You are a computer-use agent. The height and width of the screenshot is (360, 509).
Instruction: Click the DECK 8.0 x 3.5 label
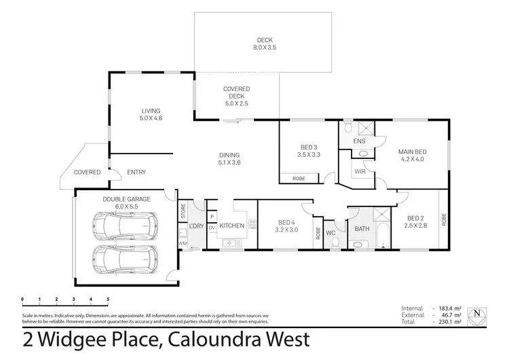pos(264,43)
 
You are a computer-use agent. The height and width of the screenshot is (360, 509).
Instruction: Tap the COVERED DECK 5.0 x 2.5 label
pos(236,96)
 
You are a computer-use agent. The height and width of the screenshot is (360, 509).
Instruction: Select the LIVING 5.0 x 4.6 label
pos(151,114)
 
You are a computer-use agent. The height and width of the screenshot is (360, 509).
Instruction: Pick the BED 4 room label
pos(286,225)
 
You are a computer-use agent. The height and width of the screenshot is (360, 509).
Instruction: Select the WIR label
pos(359,172)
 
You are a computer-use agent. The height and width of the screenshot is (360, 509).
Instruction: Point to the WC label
pos(331,232)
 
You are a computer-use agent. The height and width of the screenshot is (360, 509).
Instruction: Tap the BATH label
pos(362,229)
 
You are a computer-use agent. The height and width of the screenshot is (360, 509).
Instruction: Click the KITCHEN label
pos(231,226)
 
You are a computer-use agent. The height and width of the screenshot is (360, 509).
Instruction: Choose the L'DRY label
pos(197,226)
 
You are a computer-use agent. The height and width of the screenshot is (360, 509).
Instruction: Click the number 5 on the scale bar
pos(108,299)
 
